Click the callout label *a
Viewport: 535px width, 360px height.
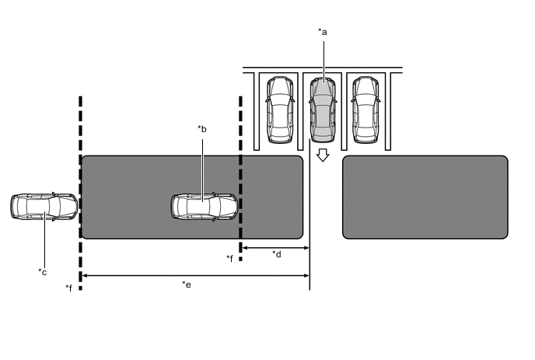(323, 32)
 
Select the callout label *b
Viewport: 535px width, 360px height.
(202, 129)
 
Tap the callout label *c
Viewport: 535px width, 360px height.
(43, 272)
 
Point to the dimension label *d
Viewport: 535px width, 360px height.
(277, 254)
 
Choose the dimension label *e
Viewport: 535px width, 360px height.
(187, 285)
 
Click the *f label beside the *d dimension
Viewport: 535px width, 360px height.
(229, 258)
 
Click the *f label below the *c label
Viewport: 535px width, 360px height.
(69, 288)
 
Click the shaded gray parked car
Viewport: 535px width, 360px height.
(323, 110)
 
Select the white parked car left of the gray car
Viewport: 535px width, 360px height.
(280, 110)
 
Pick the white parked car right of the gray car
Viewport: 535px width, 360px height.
(365, 110)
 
